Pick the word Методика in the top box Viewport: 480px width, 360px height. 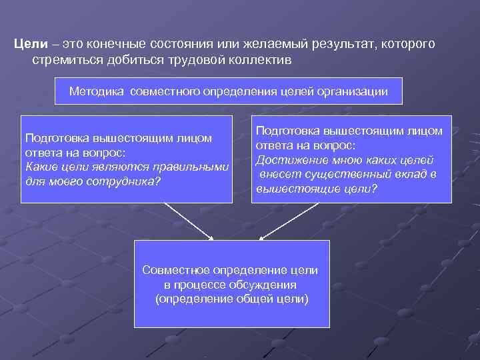tap(96, 91)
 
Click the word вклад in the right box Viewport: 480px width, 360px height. tap(413, 175)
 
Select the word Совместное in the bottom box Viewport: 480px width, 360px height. tap(176, 270)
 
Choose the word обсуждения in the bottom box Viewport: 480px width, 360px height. tap(267, 285)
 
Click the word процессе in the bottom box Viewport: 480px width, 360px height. tap(200, 285)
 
